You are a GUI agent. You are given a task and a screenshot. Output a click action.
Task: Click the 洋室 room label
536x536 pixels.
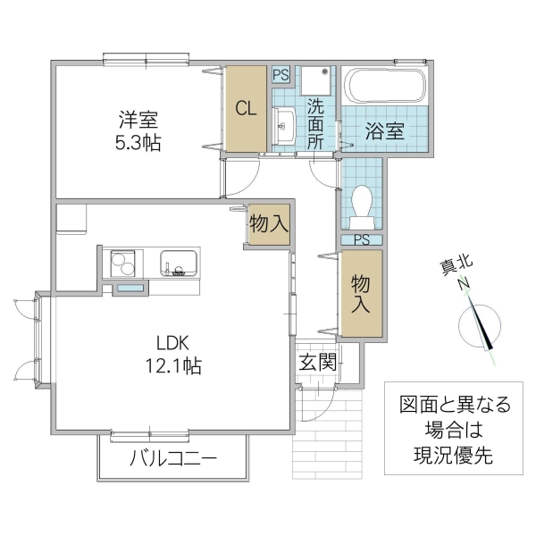tap(136, 119)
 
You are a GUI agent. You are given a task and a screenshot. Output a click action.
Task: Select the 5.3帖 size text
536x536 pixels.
tap(136, 142)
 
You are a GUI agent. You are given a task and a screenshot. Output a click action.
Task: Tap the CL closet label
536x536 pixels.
tap(246, 109)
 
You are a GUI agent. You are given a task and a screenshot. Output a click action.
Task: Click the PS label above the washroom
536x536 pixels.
tap(281, 75)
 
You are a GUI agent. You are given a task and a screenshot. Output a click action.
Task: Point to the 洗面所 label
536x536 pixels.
tap(316, 125)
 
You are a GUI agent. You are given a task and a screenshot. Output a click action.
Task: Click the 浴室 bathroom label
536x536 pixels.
tap(384, 130)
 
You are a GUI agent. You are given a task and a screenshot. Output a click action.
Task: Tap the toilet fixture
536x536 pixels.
tap(362, 201)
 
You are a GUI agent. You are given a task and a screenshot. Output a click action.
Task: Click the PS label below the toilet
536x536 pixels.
tap(361, 239)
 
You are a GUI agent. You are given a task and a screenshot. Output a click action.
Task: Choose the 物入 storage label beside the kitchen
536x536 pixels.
tap(269, 224)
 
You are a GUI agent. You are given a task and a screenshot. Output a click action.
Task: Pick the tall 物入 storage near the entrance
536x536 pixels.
tap(361, 293)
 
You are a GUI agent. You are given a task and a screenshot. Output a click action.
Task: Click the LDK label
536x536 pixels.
tap(174, 342)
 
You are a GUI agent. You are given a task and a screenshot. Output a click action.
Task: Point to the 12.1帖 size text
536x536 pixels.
tap(174, 365)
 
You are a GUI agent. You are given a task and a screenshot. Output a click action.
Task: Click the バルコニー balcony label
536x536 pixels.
tap(172, 461)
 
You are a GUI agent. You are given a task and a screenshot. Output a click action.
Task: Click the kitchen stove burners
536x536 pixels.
tap(122, 264)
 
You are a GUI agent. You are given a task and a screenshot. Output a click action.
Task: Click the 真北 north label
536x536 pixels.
tap(457, 265)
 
